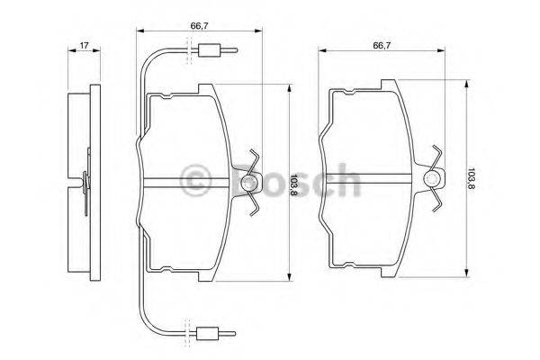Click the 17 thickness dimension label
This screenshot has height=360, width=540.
[83, 45]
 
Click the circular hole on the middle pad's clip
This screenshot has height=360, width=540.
[250, 183]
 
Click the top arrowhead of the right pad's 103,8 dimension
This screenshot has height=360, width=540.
[464, 84]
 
